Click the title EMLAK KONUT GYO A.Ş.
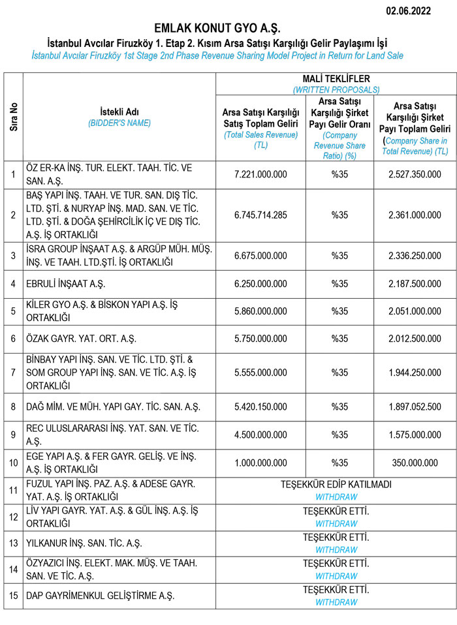217,28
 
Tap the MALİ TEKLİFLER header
336,79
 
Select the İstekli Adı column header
119,111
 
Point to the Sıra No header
13,116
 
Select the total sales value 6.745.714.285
260,215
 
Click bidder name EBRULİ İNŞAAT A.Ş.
66,284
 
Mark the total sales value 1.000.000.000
260,463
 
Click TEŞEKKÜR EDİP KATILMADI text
336,485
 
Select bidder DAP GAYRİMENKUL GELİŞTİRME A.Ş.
101,596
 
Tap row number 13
13,543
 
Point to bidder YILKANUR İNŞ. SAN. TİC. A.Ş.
84,543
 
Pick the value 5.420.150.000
260,406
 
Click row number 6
13,339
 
